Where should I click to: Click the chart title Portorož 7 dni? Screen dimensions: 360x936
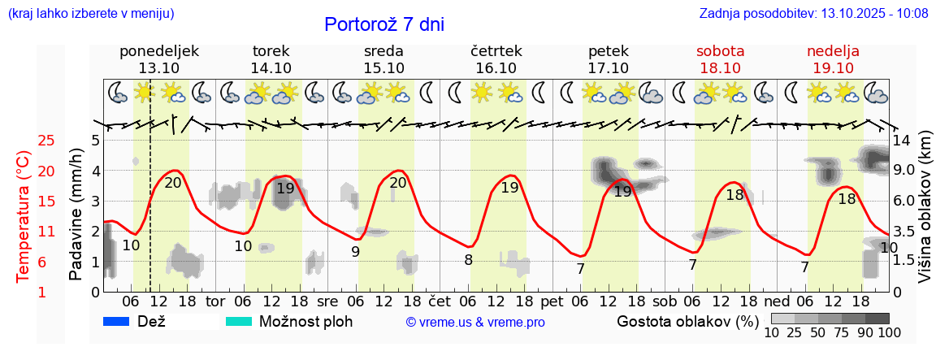[x=383, y=24]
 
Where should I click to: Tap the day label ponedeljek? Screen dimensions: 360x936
[x=159, y=51]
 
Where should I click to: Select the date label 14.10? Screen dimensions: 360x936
[x=271, y=68]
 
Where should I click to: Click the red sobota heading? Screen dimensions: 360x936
[x=720, y=51]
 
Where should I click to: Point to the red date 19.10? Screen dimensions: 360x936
[x=833, y=68]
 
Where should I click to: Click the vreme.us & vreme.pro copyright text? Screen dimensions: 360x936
[x=475, y=323]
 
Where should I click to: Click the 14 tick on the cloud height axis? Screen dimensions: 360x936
[x=903, y=141]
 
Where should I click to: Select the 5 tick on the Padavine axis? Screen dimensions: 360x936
[x=95, y=141]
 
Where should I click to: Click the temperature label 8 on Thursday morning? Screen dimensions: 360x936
[x=468, y=260]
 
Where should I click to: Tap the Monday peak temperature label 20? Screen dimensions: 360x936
[x=173, y=183]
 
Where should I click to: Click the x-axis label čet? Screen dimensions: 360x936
[x=439, y=301]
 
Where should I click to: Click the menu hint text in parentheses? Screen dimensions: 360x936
[x=90, y=13]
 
